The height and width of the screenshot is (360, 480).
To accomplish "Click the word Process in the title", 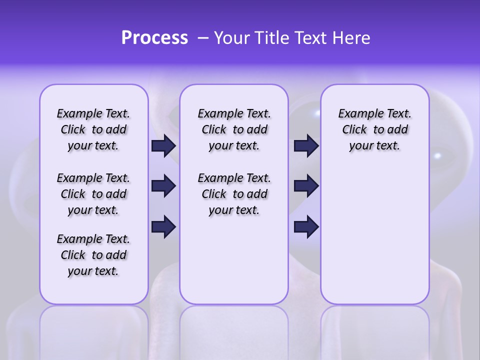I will click(x=154, y=38).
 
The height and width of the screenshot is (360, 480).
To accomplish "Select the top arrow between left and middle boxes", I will click(x=163, y=145).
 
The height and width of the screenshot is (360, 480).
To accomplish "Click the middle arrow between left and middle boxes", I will click(x=163, y=186).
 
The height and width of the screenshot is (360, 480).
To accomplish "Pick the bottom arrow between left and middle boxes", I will click(x=163, y=226).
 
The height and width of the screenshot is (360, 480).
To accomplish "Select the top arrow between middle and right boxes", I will click(x=306, y=145).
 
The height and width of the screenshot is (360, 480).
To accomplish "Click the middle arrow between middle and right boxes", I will click(x=306, y=186).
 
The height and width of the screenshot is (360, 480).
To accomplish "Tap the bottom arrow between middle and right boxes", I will click(x=306, y=226).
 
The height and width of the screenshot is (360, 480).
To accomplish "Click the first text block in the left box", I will click(x=93, y=129).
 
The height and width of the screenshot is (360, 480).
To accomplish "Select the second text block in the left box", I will click(x=93, y=194).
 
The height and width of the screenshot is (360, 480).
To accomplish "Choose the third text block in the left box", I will click(x=93, y=255).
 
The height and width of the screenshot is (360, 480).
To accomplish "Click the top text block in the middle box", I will click(x=234, y=129).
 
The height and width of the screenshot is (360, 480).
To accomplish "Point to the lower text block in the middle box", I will click(x=234, y=194).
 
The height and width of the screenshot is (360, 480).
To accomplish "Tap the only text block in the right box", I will click(x=374, y=129).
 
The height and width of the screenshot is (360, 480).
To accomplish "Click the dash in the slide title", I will click(x=203, y=38).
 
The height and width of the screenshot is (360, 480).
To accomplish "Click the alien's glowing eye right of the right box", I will click(x=438, y=155).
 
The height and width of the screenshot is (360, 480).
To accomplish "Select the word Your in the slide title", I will click(x=230, y=38).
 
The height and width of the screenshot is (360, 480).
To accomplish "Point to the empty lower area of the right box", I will click(x=374, y=240).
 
